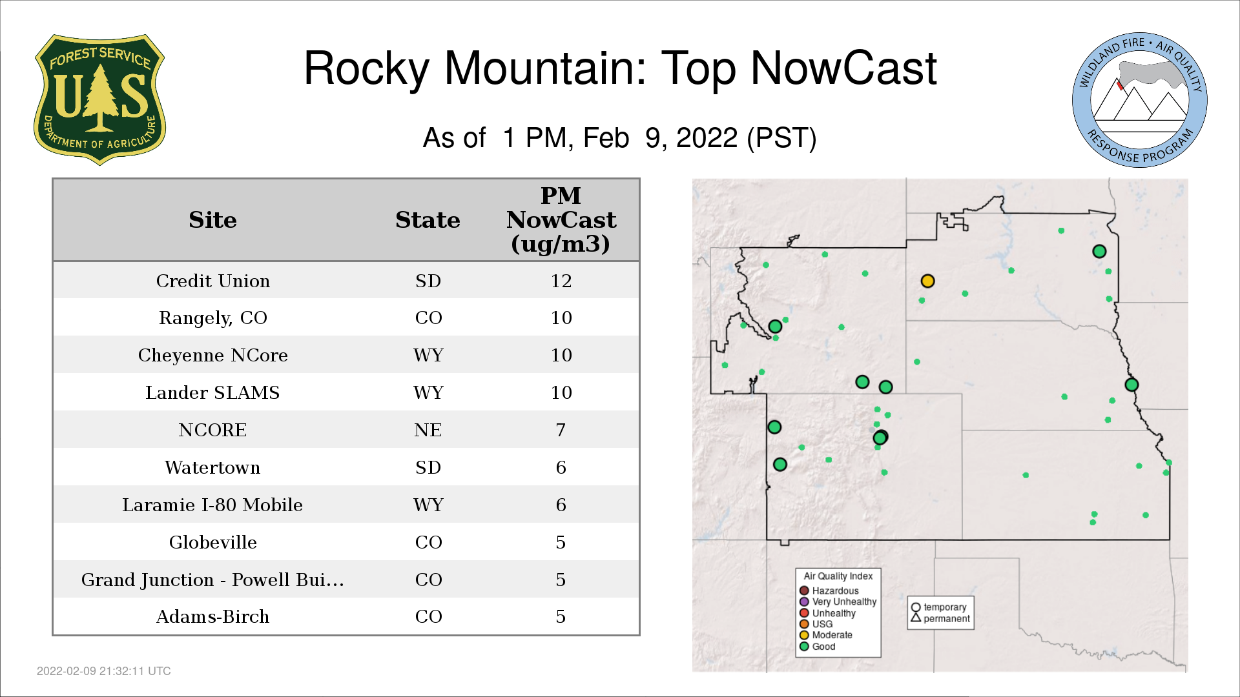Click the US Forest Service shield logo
point(99,99)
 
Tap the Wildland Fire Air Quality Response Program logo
point(1139,100)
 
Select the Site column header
point(213,220)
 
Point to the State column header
point(428,220)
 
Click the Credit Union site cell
point(213,281)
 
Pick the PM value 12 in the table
point(561,281)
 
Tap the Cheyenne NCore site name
point(213,355)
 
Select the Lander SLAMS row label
point(212,392)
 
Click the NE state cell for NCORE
point(428,430)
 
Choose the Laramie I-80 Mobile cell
point(212,505)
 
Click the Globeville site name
point(213,542)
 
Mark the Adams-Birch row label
point(213,616)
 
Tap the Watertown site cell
point(212,467)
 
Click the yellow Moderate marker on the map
point(927,281)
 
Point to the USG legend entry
point(816,624)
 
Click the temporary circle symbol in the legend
point(916,607)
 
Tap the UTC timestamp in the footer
point(104,671)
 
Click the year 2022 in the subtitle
point(707,138)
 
